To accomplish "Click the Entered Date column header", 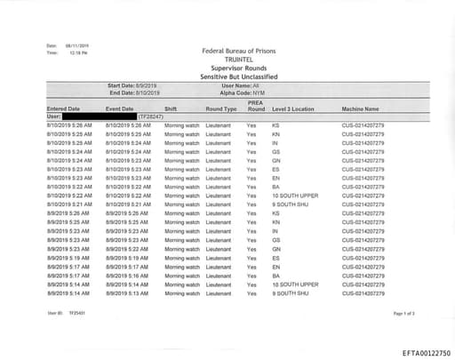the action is tap(62, 108).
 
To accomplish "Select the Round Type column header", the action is tap(221, 108).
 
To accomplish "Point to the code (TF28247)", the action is tap(148, 116).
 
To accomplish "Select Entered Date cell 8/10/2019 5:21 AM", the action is tap(68, 204).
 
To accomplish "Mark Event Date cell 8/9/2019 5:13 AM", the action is tap(127, 292).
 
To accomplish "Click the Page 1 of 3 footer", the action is tap(403, 314).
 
